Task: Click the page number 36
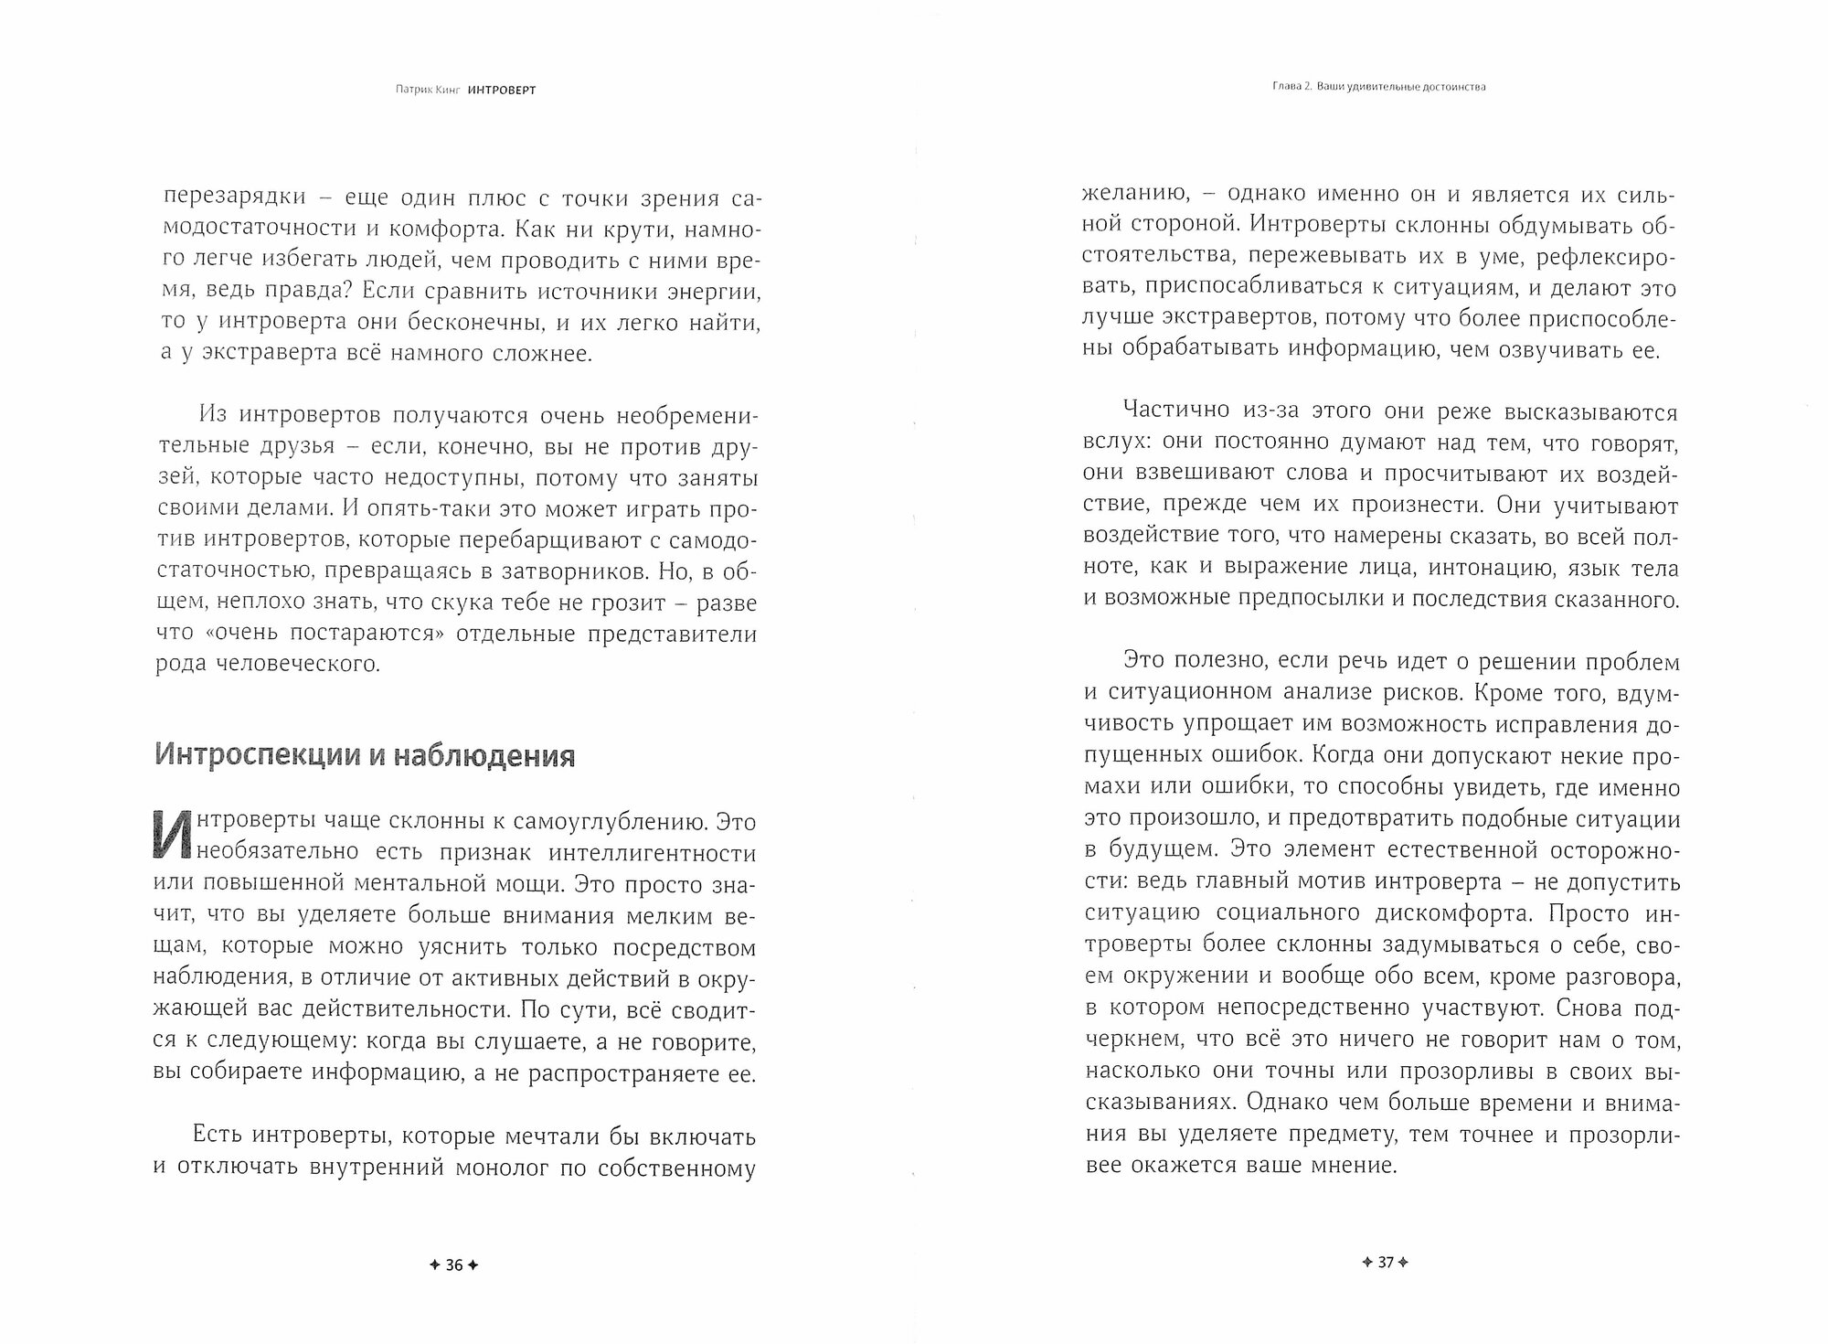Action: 454,1265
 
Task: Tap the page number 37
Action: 1385,1263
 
